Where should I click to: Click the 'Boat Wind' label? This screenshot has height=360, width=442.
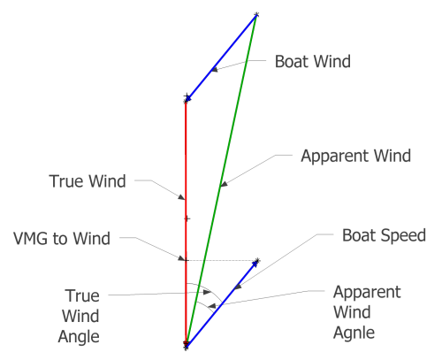click(313, 62)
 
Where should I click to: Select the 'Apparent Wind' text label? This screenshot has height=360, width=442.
click(355, 157)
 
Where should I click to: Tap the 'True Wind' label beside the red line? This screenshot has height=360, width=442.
click(88, 181)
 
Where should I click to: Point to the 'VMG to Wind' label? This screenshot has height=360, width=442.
click(62, 238)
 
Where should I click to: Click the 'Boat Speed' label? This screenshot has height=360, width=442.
click(384, 235)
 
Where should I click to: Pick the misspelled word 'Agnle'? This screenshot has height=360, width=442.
click(354, 333)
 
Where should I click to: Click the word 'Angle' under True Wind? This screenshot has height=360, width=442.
click(79, 337)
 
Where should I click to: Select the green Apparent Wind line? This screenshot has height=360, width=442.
click(221, 180)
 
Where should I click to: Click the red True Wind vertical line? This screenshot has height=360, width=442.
click(186, 224)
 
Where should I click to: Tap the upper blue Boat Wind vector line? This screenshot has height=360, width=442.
click(221, 57)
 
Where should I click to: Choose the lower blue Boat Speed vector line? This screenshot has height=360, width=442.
click(222, 303)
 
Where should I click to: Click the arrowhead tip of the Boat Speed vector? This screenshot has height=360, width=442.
click(257, 261)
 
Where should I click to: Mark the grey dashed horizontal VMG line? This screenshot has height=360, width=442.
click(221, 261)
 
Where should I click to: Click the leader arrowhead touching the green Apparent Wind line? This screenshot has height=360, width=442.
click(224, 184)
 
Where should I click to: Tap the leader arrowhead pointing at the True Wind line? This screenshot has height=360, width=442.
click(181, 197)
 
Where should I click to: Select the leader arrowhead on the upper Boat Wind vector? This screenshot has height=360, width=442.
click(215, 70)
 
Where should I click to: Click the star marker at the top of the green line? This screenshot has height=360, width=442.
click(256, 14)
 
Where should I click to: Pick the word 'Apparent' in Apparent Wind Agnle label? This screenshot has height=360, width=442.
click(367, 293)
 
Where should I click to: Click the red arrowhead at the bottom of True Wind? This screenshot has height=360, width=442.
click(186, 344)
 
